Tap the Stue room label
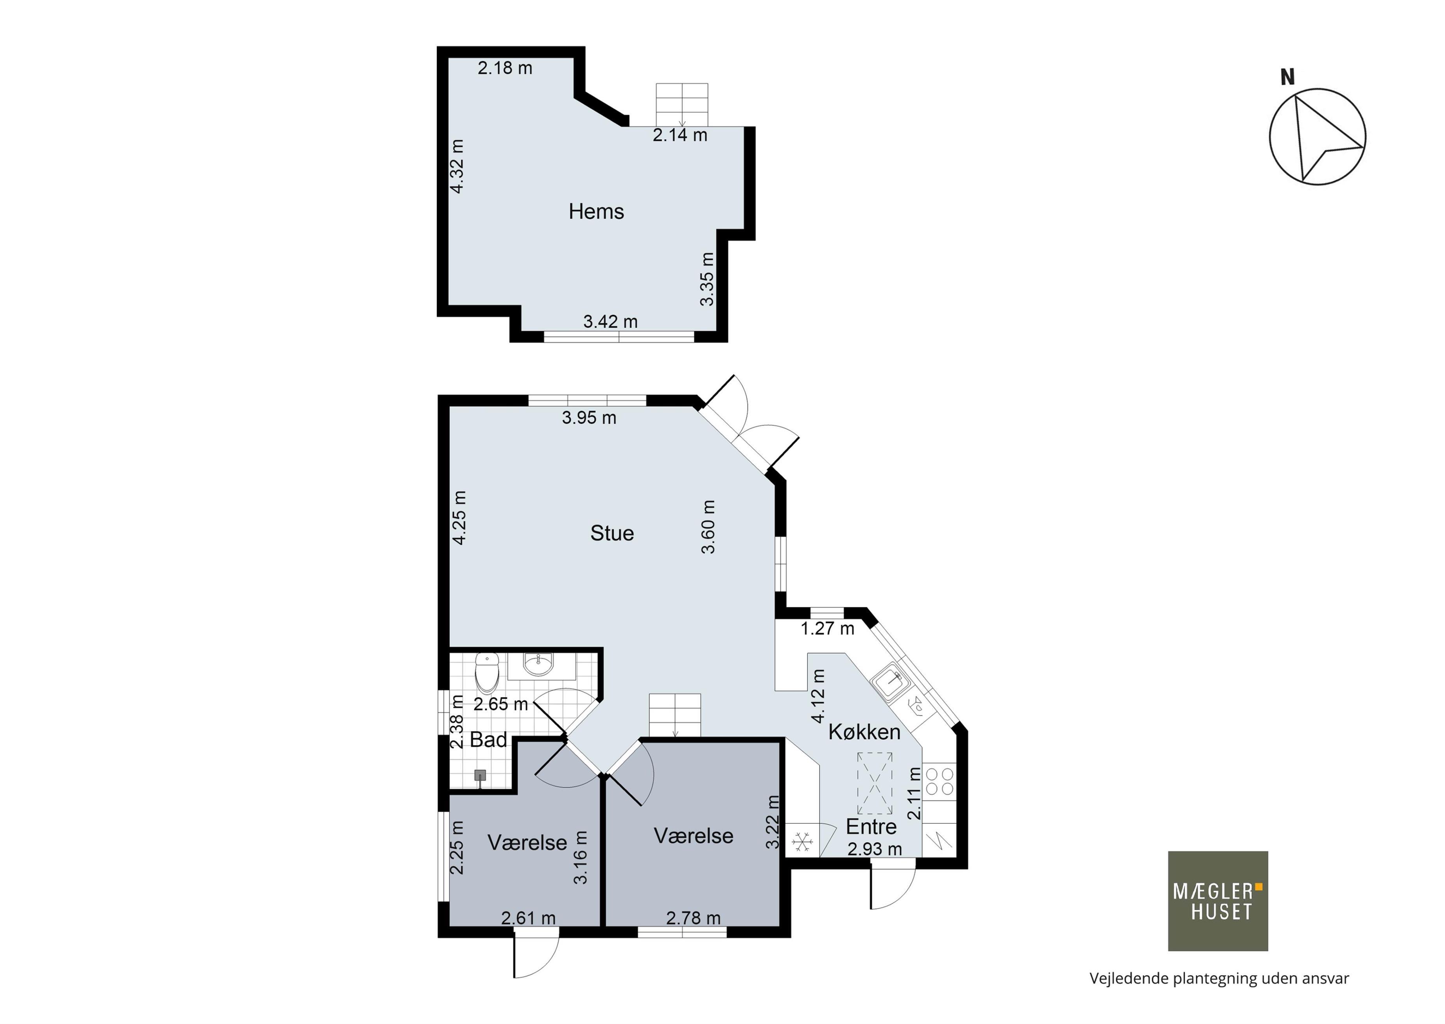611,533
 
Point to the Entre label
871,826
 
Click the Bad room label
489,740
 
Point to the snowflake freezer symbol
802,841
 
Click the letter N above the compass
1287,77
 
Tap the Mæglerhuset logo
1217,901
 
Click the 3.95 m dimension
589,418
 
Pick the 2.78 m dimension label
693,918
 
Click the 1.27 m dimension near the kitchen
827,628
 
